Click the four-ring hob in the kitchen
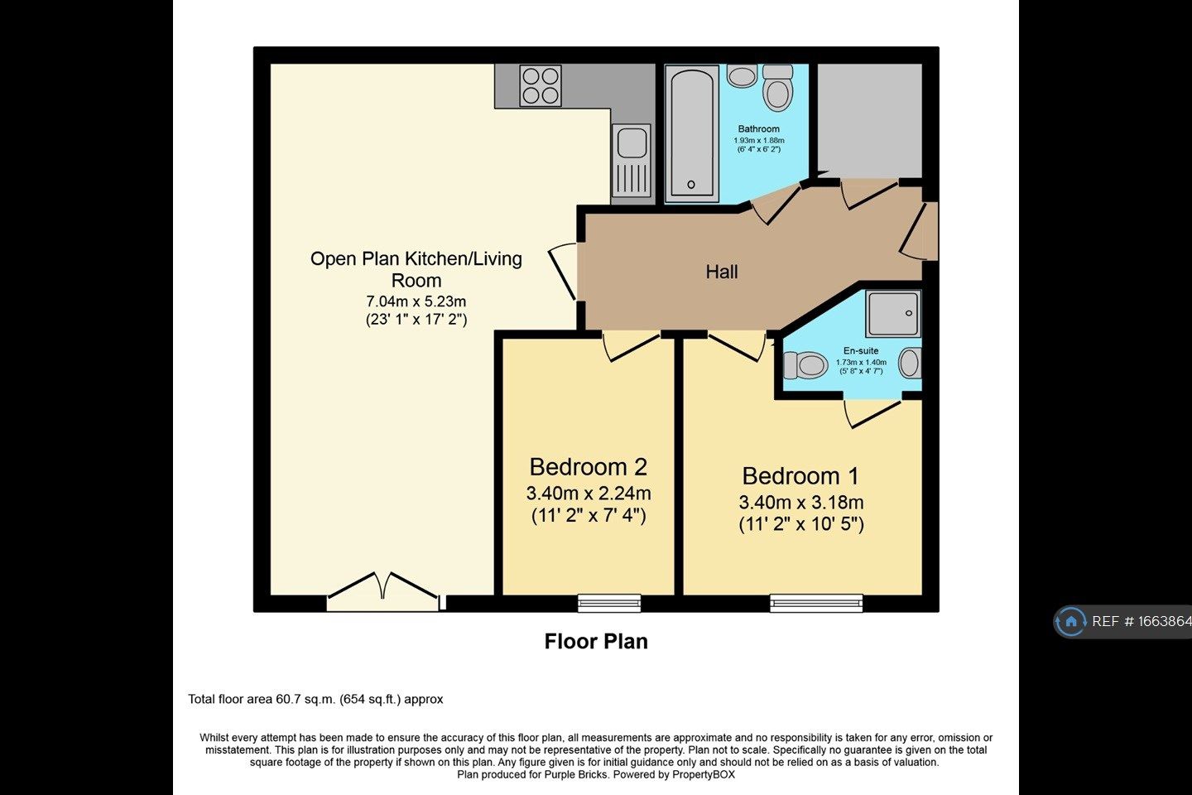tap(540, 86)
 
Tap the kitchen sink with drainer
tap(632, 162)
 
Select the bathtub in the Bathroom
tap(693, 133)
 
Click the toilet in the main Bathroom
tap(777, 88)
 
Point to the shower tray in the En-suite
tap(893, 313)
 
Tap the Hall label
tap(722, 272)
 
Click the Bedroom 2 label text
tap(588, 466)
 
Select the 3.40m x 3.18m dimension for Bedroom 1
tap(800, 502)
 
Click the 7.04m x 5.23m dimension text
tap(416, 301)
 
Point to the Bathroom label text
tap(758, 128)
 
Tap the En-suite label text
tap(861, 350)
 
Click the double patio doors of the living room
tap(382, 590)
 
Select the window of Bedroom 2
tap(609, 603)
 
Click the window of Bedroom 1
tap(816, 603)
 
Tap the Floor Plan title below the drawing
tap(596, 641)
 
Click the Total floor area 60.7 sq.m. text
tap(315, 699)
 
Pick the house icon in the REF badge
tap(1071, 621)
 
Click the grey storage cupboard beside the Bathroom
tap(869, 118)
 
